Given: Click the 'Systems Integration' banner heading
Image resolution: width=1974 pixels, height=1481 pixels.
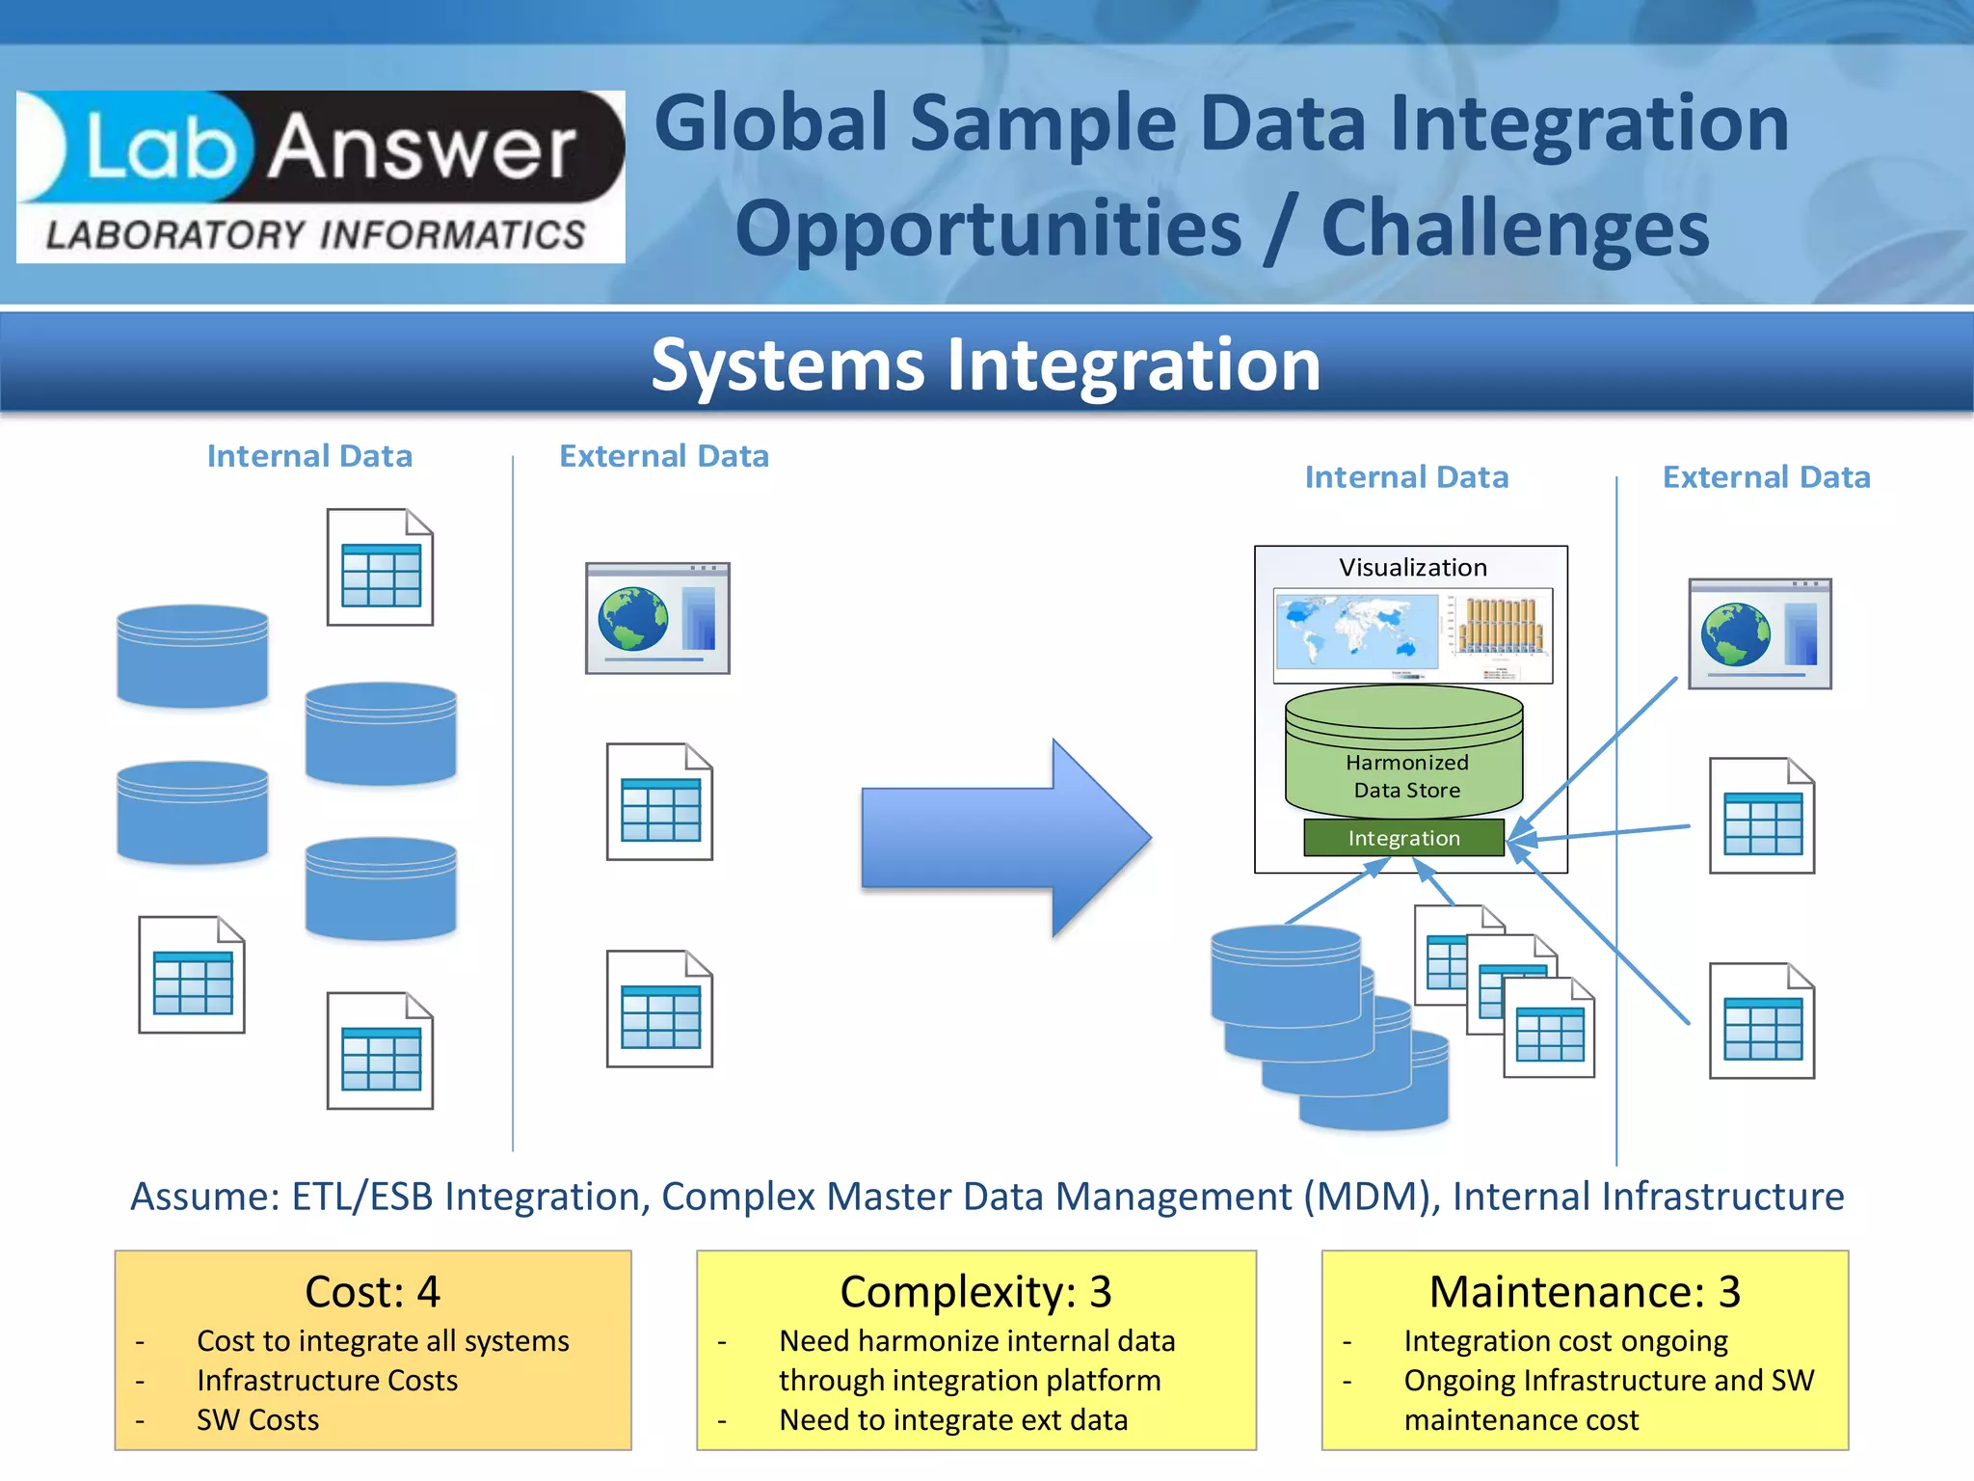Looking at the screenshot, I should [x=985, y=365].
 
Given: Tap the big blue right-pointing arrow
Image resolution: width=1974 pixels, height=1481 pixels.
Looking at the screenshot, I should [x=1005, y=837].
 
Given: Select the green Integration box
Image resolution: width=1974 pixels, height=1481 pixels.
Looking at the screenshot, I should [x=1403, y=838].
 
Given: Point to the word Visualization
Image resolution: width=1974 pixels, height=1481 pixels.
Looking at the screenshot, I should [x=1412, y=567].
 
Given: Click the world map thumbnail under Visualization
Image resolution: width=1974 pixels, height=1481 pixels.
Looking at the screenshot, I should [x=1356, y=631].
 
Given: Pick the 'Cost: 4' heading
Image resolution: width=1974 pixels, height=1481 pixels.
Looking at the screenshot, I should [x=372, y=1292].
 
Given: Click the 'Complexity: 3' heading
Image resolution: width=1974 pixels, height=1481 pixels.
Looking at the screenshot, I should [x=975, y=1292].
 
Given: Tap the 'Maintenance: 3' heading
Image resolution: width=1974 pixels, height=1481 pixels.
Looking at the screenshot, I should [x=1585, y=1292].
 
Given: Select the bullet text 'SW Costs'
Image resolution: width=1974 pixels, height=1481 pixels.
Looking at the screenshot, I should [x=257, y=1419].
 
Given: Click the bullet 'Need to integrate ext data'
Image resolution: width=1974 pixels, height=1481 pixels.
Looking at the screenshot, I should [x=952, y=1419].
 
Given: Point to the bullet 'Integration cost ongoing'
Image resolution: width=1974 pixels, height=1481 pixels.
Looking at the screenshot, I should [x=1565, y=1340].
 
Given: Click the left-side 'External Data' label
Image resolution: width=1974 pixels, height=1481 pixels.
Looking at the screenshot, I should [x=664, y=456].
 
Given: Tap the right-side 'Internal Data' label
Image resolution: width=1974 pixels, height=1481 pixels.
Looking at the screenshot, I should [x=1406, y=477].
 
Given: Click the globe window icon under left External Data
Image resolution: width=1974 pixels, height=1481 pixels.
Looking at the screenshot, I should [x=657, y=618].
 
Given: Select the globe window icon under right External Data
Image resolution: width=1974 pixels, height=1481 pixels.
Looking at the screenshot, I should [x=1759, y=633].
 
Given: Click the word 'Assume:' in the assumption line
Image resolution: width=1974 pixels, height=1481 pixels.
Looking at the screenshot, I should [x=204, y=1197].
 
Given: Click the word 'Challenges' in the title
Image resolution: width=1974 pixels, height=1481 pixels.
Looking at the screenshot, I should [x=1514, y=229].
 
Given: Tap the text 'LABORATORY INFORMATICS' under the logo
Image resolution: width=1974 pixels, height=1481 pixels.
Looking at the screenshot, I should [x=315, y=235].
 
